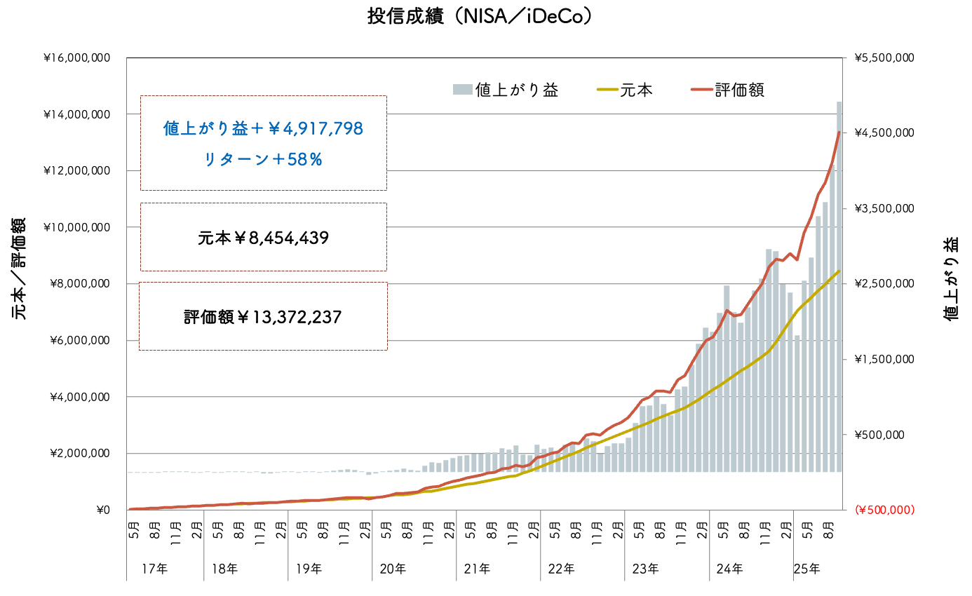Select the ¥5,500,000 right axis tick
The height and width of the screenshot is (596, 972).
[x=884, y=58]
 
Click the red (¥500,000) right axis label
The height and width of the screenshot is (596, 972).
[x=884, y=510]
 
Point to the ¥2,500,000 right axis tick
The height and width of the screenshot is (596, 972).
[x=884, y=284]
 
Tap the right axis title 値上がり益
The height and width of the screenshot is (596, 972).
[x=950, y=279]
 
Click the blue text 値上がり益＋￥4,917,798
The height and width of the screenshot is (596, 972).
[x=263, y=129]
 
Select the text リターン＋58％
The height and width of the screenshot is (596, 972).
[x=263, y=160]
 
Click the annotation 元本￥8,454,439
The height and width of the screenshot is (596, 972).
[x=263, y=238]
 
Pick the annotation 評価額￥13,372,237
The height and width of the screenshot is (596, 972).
[x=263, y=318]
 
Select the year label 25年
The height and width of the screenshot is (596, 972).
[x=807, y=569]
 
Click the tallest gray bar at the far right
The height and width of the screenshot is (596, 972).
[x=839, y=280]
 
